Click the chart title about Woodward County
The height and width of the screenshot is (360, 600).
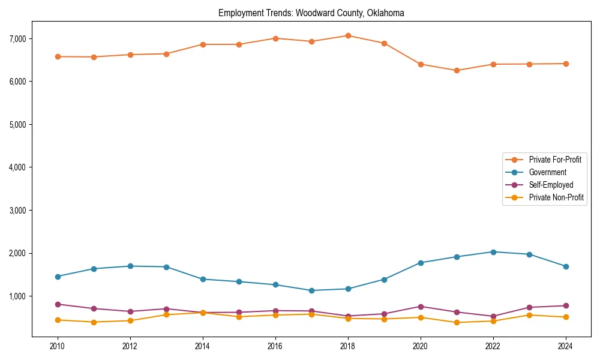[x=311, y=13]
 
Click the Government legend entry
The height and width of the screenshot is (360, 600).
[x=547, y=172]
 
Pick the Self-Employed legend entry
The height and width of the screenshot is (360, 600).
[x=551, y=185]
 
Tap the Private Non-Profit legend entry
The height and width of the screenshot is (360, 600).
[x=556, y=197]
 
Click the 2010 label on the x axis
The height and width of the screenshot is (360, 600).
[x=58, y=346]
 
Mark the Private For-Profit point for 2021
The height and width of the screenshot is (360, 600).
[x=457, y=70]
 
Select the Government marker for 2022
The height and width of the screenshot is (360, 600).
[x=493, y=252]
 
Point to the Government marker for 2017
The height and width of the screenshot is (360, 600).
[x=311, y=290]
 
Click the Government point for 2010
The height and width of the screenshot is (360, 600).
[x=58, y=277]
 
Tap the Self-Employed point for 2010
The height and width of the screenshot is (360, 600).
[x=58, y=304]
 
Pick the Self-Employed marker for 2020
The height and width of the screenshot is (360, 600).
[x=421, y=307]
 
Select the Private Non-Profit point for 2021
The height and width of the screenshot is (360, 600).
[x=457, y=322]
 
